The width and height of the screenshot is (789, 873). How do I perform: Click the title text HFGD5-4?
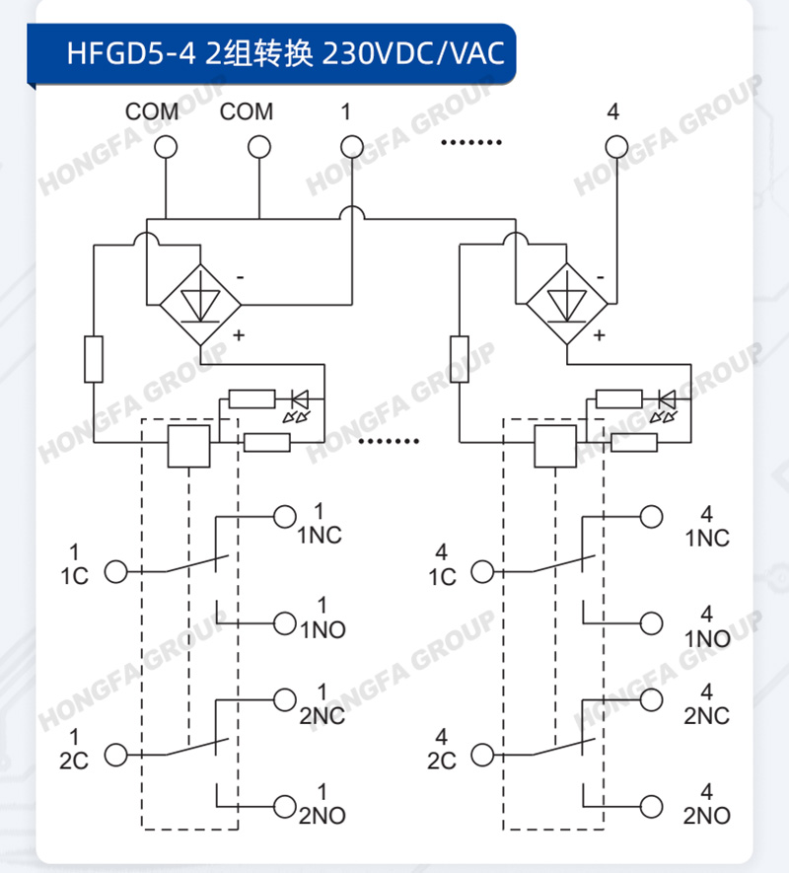pyautogui.click(x=131, y=54)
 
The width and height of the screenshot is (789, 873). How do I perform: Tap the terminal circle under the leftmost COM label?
pyautogui.click(x=166, y=148)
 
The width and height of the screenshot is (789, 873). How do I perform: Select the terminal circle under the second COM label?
pyautogui.click(x=259, y=148)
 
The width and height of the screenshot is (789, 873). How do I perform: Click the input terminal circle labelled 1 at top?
pyautogui.click(x=352, y=148)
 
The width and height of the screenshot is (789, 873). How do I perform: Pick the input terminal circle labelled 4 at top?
pyautogui.click(x=616, y=148)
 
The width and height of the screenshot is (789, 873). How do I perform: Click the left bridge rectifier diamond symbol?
pyautogui.click(x=200, y=305)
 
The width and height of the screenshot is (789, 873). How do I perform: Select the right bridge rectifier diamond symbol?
pyautogui.click(x=567, y=305)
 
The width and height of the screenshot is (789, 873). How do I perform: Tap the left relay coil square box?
pyautogui.click(x=189, y=446)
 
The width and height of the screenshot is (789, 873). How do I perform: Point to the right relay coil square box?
pyautogui.click(x=555, y=446)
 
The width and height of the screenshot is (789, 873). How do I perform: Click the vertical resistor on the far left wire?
pyautogui.click(x=94, y=359)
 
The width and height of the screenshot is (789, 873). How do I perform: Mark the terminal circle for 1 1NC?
pyautogui.click(x=284, y=517)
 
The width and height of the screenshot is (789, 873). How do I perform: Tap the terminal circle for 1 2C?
pyautogui.click(x=116, y=755)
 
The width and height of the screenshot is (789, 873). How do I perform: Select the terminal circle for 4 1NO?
pyautogui.click(x=651, y=623)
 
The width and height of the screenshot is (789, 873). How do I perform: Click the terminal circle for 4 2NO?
pyautogui.click(x=651, y=806)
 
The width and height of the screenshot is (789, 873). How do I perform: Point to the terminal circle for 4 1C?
pyautogui.click(x=482, y=571)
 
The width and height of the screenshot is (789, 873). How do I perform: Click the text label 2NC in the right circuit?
pyautogui.click(x=706, y=716)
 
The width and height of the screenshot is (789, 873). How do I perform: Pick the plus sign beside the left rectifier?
pyautogui.click(x=239, y=335)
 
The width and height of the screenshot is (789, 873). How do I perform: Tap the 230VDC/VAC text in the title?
pyautogui.click(x=413, y=54)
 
